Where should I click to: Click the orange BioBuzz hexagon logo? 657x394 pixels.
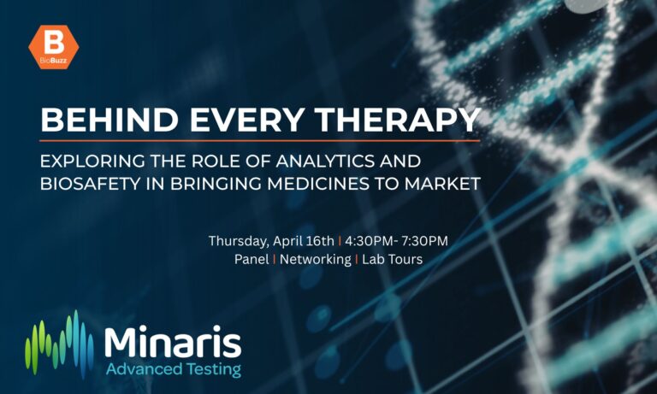53,48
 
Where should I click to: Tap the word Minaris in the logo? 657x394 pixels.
172,341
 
